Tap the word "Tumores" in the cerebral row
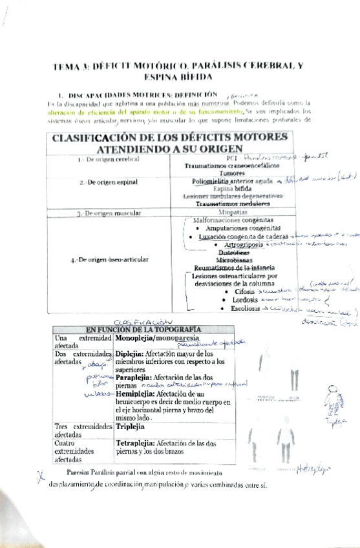pos(231,173)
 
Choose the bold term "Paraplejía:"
pos(135,378)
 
